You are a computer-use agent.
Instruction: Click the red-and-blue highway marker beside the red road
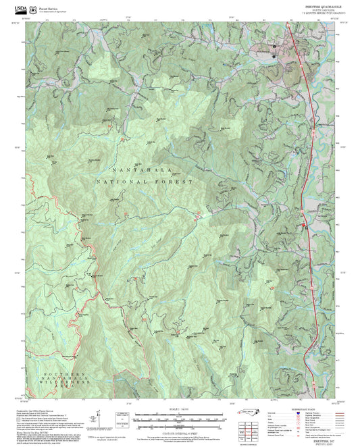pyautogui.click(x=304, y=225)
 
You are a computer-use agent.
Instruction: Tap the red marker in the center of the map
pyautogui.click(x=198, y=215)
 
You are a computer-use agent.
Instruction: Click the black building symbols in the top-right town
pyautogui.click(x=274, y=47)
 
